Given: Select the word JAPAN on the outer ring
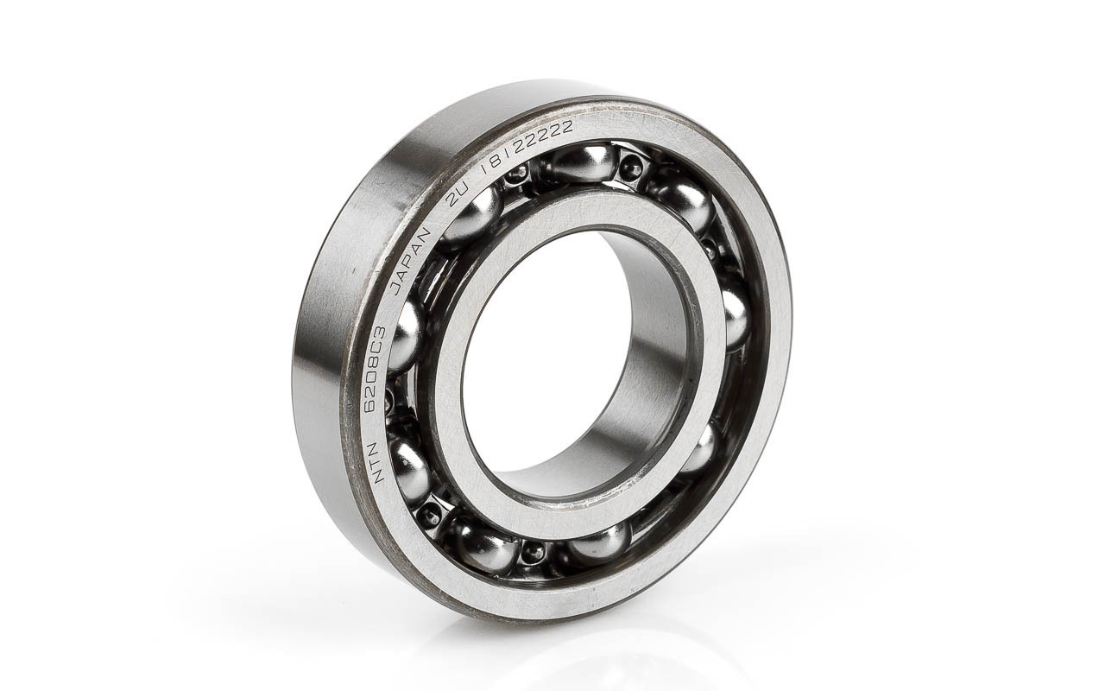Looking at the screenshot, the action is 410,262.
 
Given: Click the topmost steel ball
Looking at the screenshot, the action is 584,164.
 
